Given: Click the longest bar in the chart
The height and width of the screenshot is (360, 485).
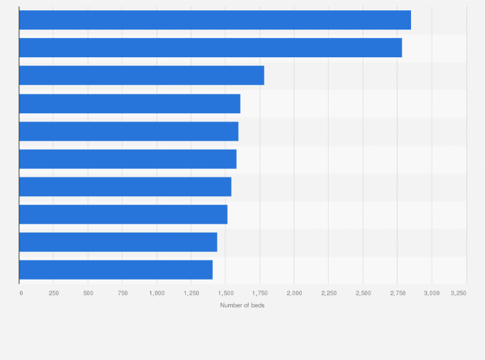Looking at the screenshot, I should click(x=215, y=20).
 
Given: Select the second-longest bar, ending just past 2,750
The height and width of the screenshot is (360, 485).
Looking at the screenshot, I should click(x=210, y=48).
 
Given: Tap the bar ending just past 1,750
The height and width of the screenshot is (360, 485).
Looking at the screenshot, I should click(x=142, y=75).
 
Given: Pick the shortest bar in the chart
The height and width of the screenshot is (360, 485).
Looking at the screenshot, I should click(x=116, y=270).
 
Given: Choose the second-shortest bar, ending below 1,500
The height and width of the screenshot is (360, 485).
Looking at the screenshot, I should click(x=118, y=242).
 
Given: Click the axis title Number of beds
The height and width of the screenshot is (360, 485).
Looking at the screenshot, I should click(x=242, y=305).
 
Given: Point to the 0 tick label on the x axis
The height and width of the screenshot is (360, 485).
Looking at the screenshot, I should click(x=21, y=293).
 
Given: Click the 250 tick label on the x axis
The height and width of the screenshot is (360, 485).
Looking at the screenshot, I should click(x=54, y=293).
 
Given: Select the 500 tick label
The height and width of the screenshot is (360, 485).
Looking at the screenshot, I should click(x=88, y=293).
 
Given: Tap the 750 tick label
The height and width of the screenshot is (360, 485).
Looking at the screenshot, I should click(x=122, y=293).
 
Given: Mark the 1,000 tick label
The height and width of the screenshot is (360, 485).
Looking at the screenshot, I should click(x=156, y=293).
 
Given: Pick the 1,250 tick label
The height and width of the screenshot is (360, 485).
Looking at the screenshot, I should click(x=191, y=293).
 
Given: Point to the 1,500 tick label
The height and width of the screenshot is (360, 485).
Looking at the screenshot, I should click(x=225, y=293).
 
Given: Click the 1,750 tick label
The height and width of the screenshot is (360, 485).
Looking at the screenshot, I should click(x=260, y=293).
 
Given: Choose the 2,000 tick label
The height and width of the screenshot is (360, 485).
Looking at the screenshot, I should click(x=294, y=293).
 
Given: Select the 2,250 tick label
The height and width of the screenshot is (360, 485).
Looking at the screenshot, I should click(x=329, y=293).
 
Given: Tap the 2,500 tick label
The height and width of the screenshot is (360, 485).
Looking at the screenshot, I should click(x=363, y=293).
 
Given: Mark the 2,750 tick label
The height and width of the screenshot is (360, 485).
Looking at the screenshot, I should click(x=398, y=293).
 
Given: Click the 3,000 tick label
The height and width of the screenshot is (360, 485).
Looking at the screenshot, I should click(x=432, y=293).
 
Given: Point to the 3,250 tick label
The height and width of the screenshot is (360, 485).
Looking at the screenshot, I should click(x=459, y=293).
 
